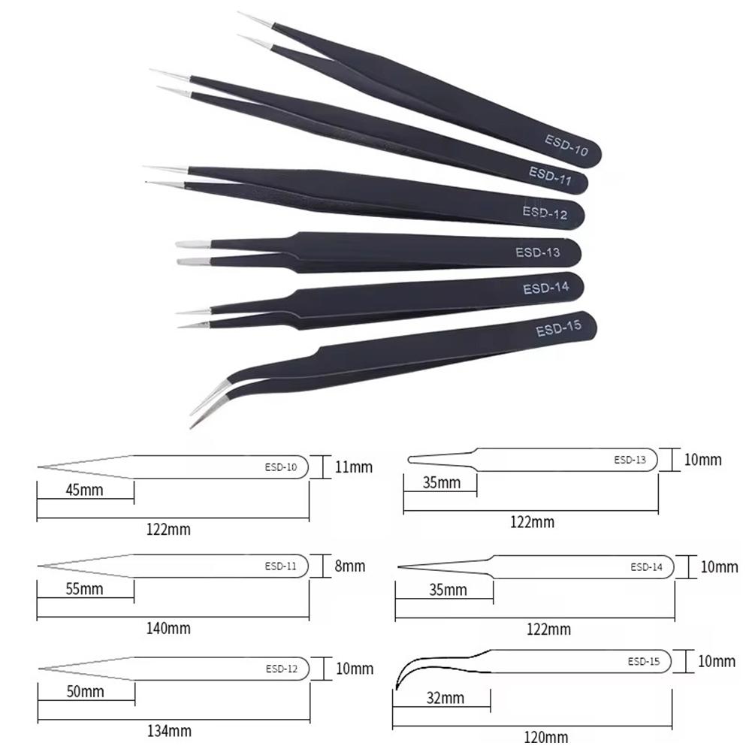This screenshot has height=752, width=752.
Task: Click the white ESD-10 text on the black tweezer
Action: click(x=566, y=145)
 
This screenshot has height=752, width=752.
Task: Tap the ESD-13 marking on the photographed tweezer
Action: click(x=538, y=252)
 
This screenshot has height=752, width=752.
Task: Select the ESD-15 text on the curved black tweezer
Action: click(x=559, y=328)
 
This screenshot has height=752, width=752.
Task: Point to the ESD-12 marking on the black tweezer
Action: click(x=545, y=213)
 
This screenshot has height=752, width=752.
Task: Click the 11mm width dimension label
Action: click(x=353, y=467)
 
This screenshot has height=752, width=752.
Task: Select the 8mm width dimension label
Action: click(x=350, y=566)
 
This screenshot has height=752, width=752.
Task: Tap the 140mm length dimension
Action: click(x=168, y=628)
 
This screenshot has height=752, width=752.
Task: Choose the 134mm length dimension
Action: click(x=169, y=732)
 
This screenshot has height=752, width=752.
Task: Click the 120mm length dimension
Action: click(x=546, y=737)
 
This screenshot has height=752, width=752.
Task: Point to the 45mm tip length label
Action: click(x=84, y=490)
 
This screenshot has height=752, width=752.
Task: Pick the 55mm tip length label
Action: click(x=84, y=589)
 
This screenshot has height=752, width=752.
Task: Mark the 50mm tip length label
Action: click(x=86, y=692)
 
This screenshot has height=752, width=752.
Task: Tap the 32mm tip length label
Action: click(x=445, y=698)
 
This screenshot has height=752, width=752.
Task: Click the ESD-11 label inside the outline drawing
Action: click(x=280, y=566)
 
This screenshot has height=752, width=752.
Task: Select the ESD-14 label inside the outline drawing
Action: click(x=647, y=567)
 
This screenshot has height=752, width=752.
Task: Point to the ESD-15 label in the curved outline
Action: click(x=644, y=662)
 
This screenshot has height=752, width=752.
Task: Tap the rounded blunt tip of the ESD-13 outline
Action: click(x=410, y=460)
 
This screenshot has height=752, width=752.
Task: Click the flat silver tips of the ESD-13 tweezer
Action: click(x=193, y=252)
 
